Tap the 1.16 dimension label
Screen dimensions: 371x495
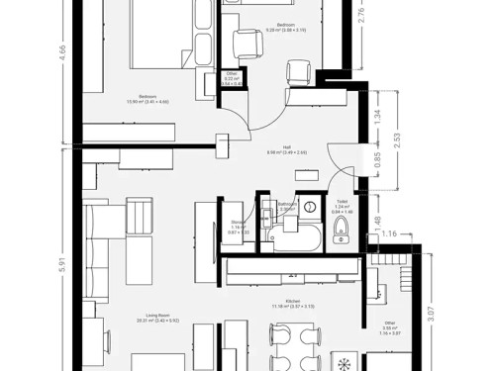pyautogui.click(x=391, y=233)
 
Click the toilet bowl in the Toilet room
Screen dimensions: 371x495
pyautogui.click(x=342, y=232)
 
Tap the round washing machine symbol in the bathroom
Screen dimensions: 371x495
pyautogui.click(x=310, y=208)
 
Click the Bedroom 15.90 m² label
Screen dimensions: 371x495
pyautogui.click(x=148, y=99)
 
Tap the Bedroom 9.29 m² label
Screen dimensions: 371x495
pyautogui.click(x=285, y=27)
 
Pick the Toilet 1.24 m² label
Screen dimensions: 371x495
pyautogui.click(x=342, y=207)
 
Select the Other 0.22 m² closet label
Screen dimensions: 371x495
pyautogui.click(x=232, y=78)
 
